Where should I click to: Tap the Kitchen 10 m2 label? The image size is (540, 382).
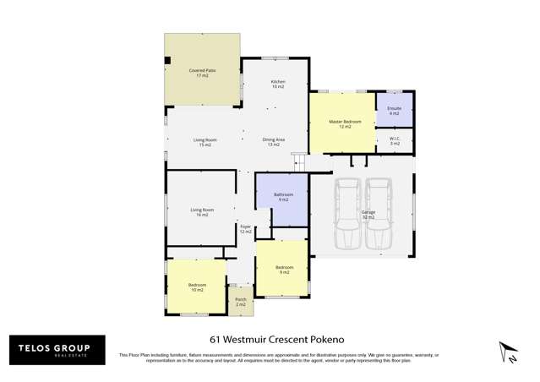tap(277, 84)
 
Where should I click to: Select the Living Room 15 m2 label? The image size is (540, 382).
tap(205, 142)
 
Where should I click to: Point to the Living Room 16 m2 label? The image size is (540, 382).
tap(201, 212)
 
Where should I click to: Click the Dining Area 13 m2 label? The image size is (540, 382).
tap(273, 142)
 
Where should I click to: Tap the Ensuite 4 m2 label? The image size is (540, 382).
tap(394, 111)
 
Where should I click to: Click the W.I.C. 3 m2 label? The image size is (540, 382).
tap(395, 141)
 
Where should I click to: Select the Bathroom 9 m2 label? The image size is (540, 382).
tap(282, 197)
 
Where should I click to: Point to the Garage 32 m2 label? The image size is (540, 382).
tap(368, 215)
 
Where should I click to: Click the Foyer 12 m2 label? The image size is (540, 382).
tap(245, 229)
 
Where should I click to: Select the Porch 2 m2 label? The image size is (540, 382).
tap(241, 302)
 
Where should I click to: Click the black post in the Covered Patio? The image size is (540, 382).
tap(168, 60)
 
